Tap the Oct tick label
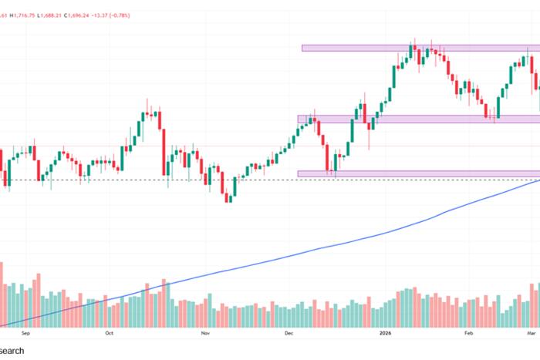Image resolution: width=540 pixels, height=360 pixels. [109, 335]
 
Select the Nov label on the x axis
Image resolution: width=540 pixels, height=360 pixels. [204, 335]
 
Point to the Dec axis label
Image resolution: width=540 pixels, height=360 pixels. [289, 335]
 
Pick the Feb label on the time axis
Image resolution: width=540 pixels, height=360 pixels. [467, 335]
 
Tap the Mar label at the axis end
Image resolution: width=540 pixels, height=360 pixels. [532, 335]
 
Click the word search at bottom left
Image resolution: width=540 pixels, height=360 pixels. [12, 351]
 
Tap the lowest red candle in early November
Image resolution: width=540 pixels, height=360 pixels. [228, 197]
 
